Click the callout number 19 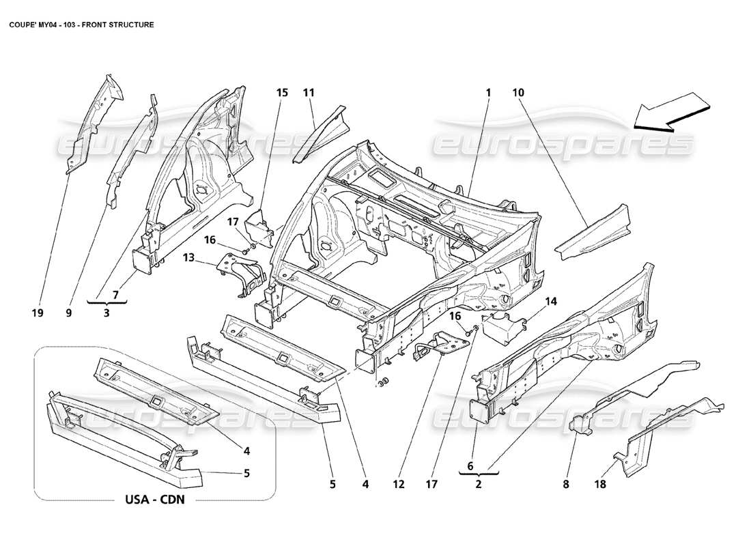(x=38, y=313)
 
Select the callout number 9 (x=68, y=313)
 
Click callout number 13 (x=188, y=258)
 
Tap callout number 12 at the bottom (x=399, y=485)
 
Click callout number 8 (x=565, y=485)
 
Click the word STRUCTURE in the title (x=130, y=24)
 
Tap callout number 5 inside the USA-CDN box (x=246, y=472)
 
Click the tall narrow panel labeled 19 (x=94, y=123)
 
